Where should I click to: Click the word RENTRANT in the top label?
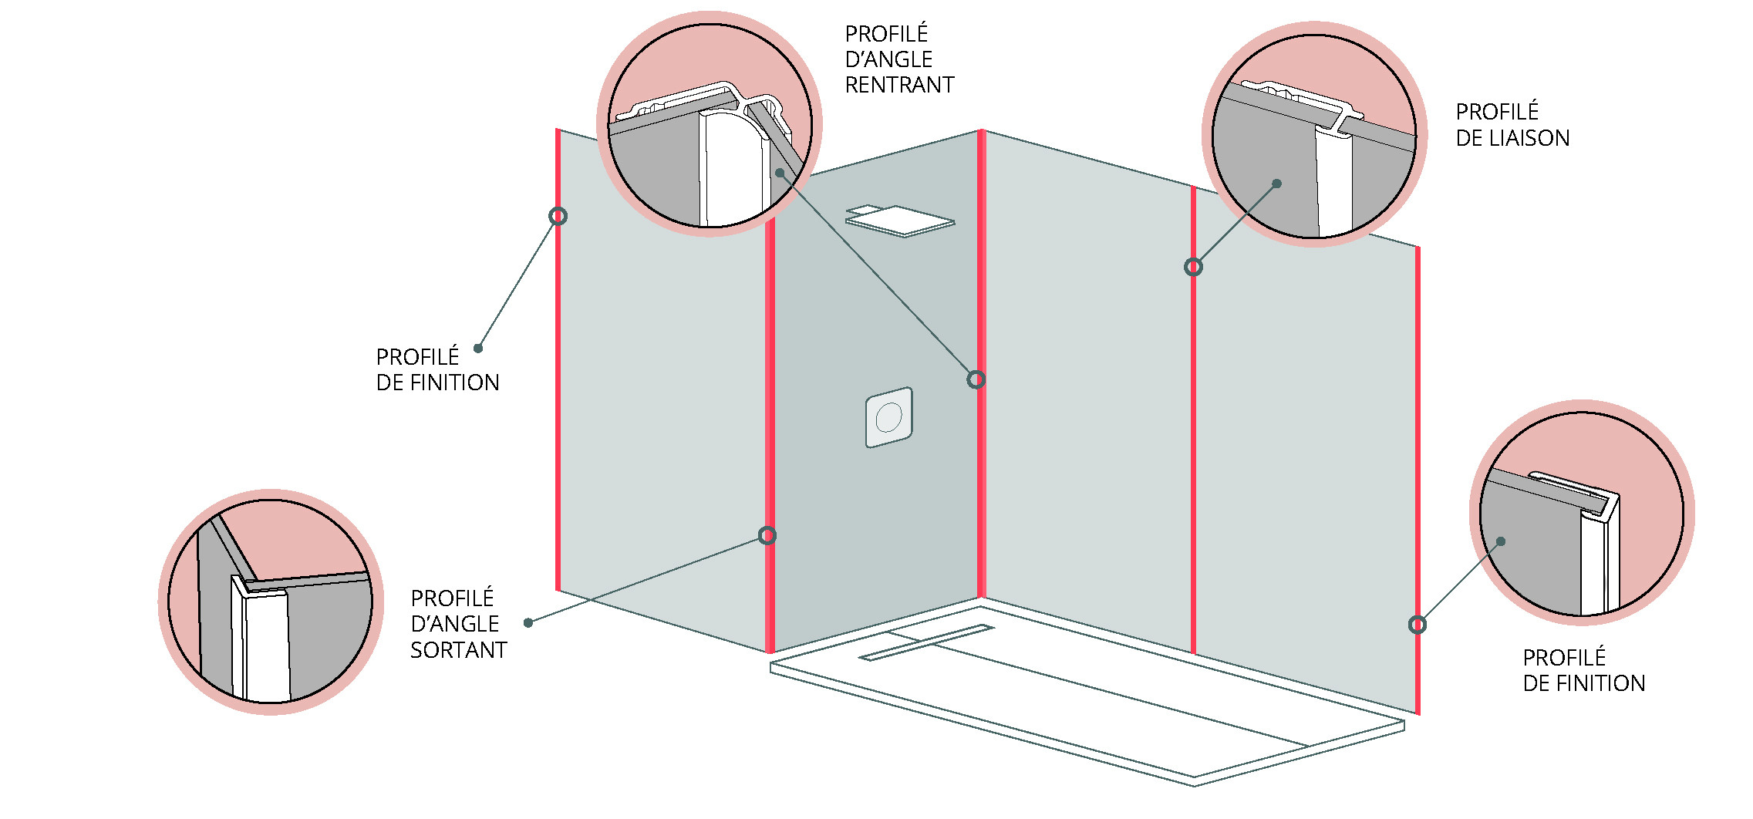[899, 85]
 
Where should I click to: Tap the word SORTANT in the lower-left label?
[458, 650]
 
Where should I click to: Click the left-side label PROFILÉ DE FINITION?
[437, 369]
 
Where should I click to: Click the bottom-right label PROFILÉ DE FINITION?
[1584, 670]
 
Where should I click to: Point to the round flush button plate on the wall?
[889, 417]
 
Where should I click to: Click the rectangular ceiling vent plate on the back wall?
[900, 221]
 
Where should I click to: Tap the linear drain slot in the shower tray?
[926, 642]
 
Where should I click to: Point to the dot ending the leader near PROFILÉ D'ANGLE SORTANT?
[528, 622]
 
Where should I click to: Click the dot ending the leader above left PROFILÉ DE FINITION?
[478, 349]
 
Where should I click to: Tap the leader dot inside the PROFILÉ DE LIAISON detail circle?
[1277, 184]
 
